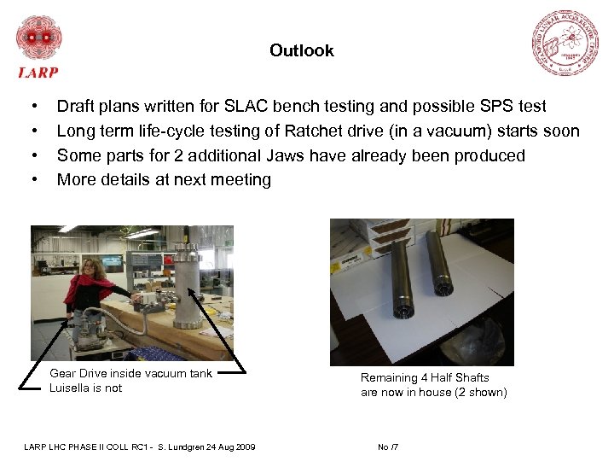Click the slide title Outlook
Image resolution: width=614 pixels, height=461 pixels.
(x=302, y=51)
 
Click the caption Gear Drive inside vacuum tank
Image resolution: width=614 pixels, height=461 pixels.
(x=130, y=373)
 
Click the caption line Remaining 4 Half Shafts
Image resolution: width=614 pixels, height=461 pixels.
(x=425, y=378)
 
